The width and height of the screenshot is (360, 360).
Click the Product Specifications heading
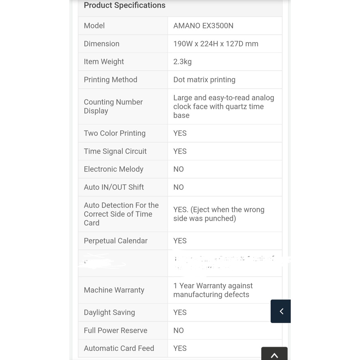click(124, 5)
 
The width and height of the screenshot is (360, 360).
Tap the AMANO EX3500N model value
click(203, 26)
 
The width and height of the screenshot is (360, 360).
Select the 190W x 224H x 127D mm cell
click(216, 44)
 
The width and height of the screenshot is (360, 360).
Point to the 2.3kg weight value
click(182, 62)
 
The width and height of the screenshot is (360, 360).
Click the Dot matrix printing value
click(204, 80)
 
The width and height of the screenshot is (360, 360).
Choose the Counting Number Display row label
click(113, 106)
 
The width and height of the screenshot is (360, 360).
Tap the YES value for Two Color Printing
click(180, 133)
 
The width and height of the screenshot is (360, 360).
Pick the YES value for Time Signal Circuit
click(180, 151)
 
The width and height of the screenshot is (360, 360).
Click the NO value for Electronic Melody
click(179, 169)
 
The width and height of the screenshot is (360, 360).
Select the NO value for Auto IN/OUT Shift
click(179, 187)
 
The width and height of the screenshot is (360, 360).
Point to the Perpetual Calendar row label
click(116, 241)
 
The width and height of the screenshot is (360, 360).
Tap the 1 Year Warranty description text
click(213, 290)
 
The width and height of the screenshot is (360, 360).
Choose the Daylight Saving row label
click(109, 313)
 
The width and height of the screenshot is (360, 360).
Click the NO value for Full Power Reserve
click(179, 330)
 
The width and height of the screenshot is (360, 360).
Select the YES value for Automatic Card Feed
click(180, 348)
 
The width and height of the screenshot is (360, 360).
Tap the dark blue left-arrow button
click(281, 311)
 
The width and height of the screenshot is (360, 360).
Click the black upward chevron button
click(274, 354)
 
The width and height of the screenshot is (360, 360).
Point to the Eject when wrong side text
click(219, 214)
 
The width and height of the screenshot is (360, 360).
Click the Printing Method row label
click(110, 80)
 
